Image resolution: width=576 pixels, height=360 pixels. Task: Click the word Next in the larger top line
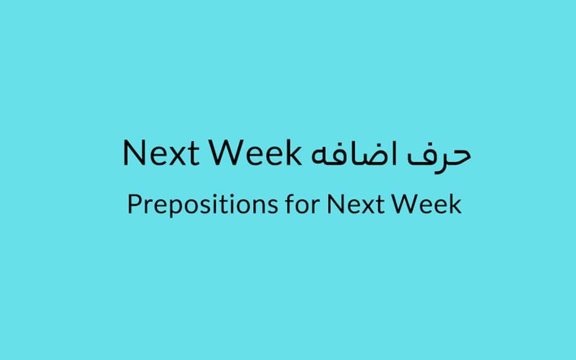click(x=161, y=152)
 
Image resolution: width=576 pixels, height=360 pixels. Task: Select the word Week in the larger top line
click(x=256, y=152)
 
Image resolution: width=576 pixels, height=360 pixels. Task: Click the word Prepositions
click(x=202, y=204)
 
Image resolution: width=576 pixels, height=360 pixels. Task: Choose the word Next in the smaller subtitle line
click(x=355, y=204)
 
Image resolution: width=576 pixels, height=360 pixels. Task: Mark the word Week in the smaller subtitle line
click(x=426, y=204)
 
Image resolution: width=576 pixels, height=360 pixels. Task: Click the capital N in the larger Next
click(x=134, y=152)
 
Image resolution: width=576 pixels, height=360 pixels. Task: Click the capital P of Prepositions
click(x=134, y=204)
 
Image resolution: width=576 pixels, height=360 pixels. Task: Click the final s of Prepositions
click(x=272, y=207)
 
